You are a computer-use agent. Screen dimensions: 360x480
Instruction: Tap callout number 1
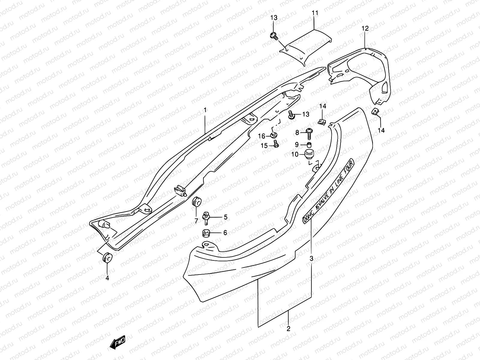pyautogui.click(x=205, y=110)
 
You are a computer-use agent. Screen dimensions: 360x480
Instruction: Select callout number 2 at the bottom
pyautogui.click(x=288, y=329)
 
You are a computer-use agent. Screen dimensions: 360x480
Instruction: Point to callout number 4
pyautogui.click(x=107, y=278)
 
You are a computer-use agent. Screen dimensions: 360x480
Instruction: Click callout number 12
pyautogui.click(x=365, y=28)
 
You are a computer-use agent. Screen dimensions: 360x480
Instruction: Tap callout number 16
pyautogui.click(x=262, y=136)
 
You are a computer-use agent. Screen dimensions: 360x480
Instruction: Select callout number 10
pyautogui.click(x=295, y=154)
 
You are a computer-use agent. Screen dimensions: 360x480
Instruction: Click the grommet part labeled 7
pyautogui.click(x=196, y=202)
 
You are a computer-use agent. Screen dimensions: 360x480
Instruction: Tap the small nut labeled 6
pyautogui.click(x=205, y=233)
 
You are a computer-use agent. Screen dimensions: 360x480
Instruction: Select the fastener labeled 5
pyautogui.click(x=206, y=217)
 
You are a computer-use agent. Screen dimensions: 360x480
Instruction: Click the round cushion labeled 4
pyautogui.click(x=107, y=257)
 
